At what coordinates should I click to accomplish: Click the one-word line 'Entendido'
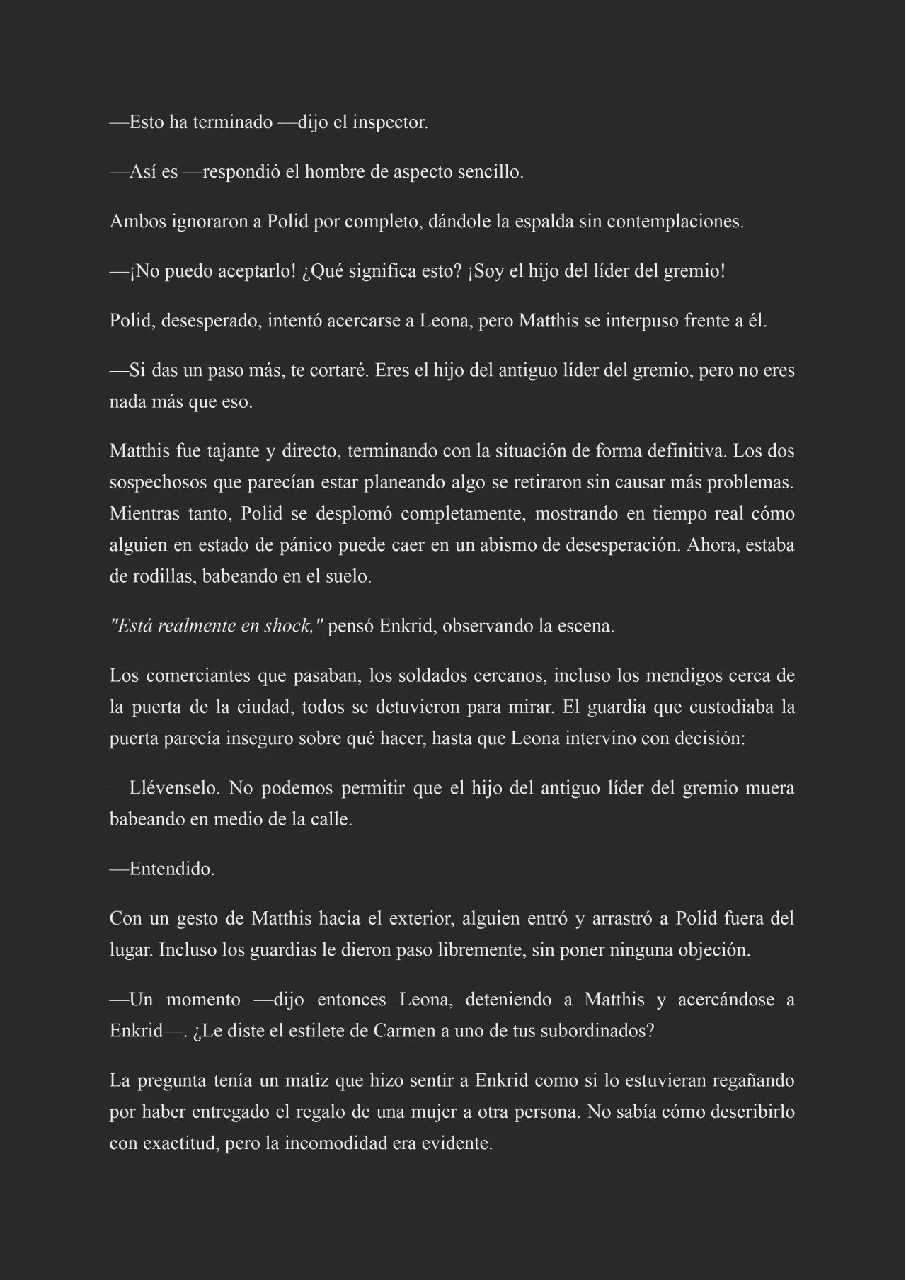tap(171, 869)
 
